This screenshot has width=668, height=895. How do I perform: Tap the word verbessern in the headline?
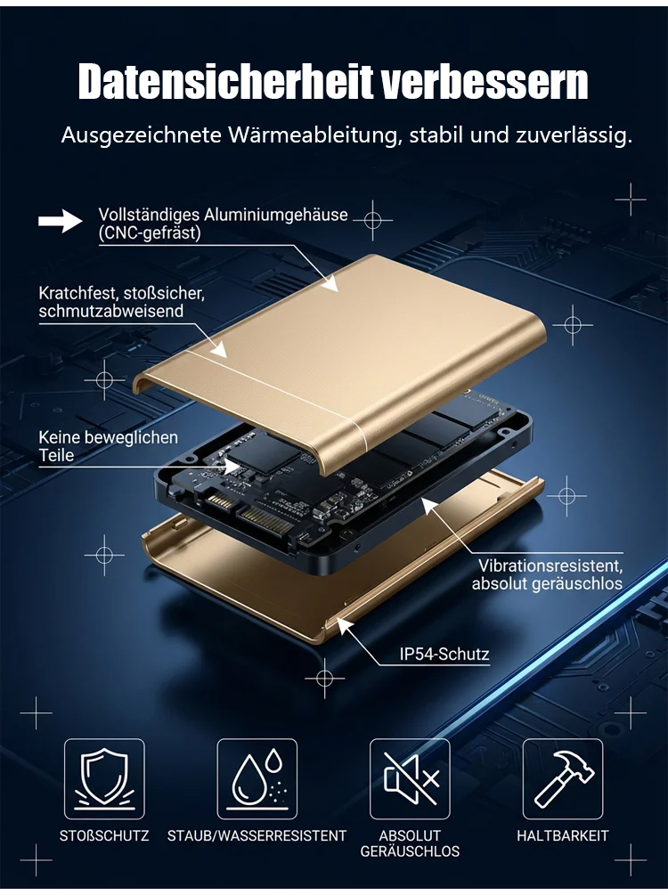tap(485, 82)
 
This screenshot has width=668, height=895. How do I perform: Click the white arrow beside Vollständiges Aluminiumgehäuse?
tap(61, 221)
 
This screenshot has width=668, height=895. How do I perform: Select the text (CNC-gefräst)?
tap(150, 233)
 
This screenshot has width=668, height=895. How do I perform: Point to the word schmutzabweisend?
tap(110, 311)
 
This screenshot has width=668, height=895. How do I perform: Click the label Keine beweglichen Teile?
tap(108, 446)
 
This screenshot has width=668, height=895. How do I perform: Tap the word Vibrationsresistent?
tap(550, 565)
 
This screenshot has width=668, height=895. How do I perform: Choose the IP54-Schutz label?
tap(444, 655)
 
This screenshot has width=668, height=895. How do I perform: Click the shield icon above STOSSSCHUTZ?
tap(104, 779)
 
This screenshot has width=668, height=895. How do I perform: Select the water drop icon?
tap(257, 779)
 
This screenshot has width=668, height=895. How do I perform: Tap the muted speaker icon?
tap(410, 779)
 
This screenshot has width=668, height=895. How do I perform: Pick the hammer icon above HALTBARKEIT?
tap(563, 779)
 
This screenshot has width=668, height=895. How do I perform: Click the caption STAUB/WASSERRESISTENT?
tap(257, 836)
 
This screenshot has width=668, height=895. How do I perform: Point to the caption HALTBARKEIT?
tap(563, 836)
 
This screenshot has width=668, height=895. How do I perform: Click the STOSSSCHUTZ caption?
tap(104, 836)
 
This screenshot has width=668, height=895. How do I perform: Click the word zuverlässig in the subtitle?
tap(574, 135)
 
